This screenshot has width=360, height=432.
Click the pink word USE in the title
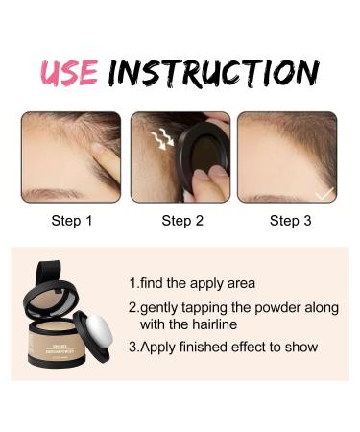click(70, 72)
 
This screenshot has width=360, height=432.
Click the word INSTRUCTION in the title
click(212, 72)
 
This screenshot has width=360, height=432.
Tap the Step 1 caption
click(71, 221)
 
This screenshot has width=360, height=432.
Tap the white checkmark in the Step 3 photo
click(324, 193)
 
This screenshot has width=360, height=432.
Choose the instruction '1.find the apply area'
click(197, 284)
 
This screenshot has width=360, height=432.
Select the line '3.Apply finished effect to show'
click(223, 347)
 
